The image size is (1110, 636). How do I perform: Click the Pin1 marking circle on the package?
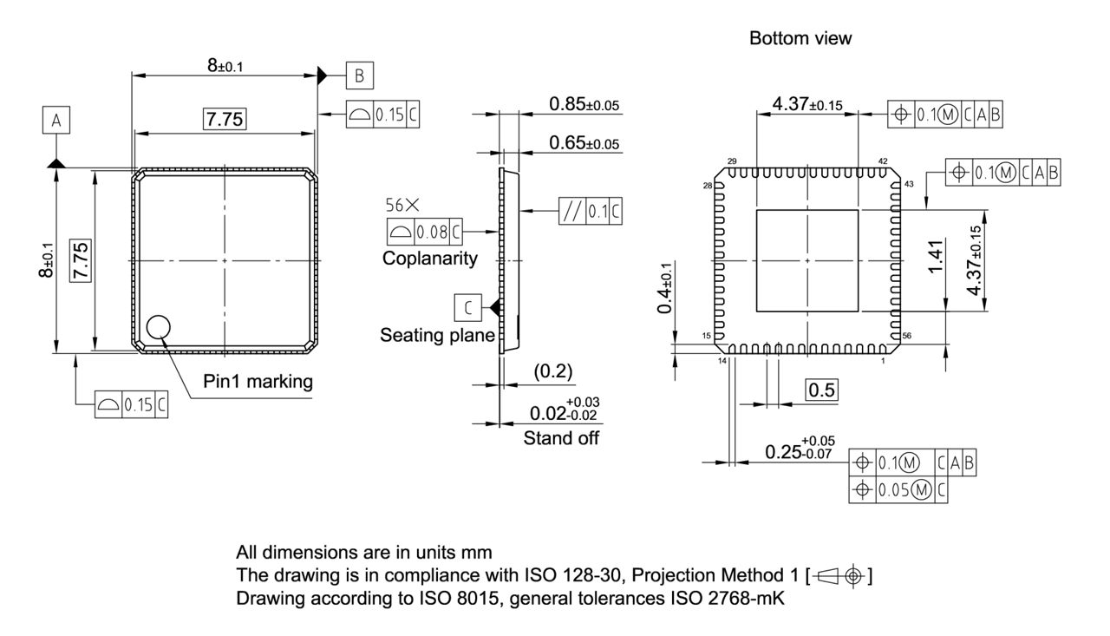[159, 327]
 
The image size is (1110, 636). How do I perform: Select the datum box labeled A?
[56, 122]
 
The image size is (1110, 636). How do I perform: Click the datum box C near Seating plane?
[467, 307]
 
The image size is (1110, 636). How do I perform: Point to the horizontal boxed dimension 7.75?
[224, 120]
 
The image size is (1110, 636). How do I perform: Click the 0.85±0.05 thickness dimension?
[584, 105]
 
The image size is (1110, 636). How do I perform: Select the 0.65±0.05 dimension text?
[584, 142]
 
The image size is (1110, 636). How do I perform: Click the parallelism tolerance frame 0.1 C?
[591, 211]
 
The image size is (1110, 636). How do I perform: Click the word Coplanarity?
[431, 258]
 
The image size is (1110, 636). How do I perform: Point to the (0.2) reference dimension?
[552, 371]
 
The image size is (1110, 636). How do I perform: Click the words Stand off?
[560, 438]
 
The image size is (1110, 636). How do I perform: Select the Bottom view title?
[800, 38]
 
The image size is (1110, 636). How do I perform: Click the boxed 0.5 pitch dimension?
[821, 390]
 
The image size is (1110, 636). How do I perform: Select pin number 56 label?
[907, 336]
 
